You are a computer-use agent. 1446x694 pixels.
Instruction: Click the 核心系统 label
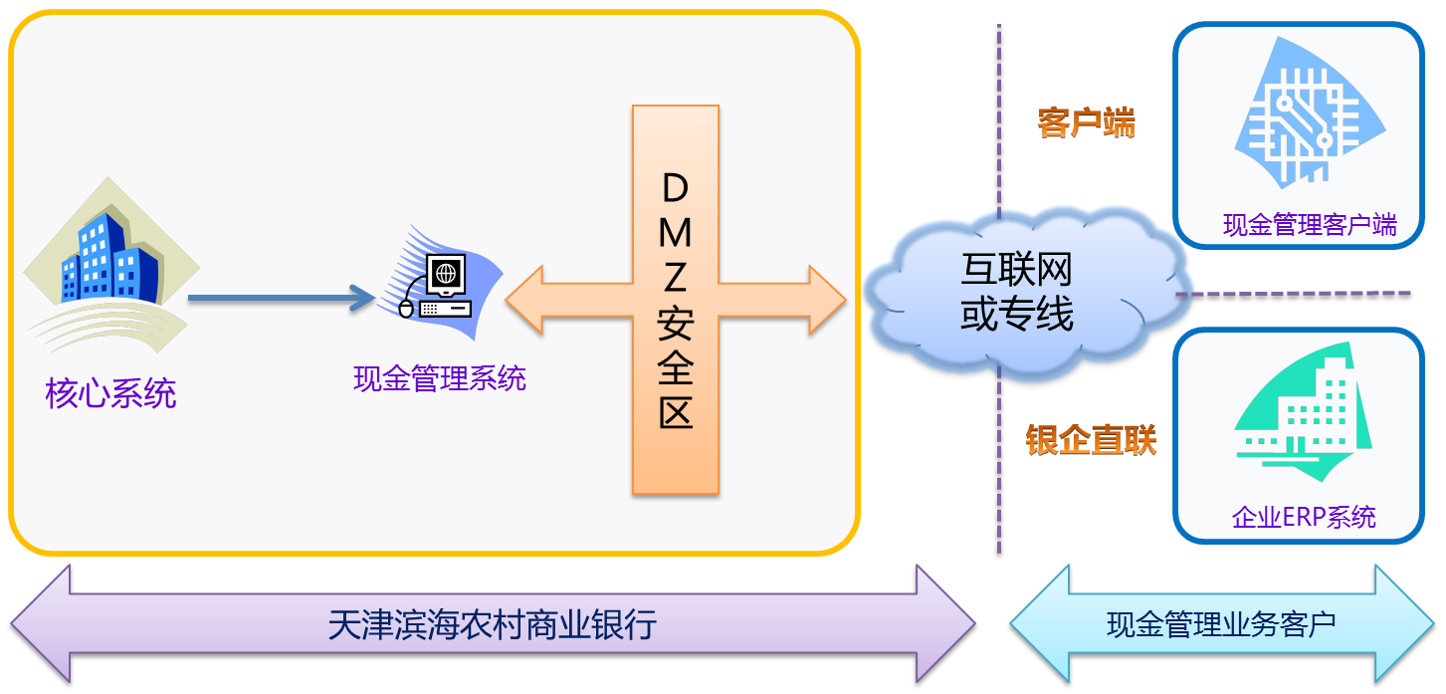tap(110, 394)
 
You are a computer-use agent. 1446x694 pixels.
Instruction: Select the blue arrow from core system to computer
tap(279, 297)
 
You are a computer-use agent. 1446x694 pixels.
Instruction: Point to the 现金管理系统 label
tap(439, 378)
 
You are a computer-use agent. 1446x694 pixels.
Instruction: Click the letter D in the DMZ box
tap(675, 187)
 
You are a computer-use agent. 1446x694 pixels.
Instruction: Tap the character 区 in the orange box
tap(675, 410)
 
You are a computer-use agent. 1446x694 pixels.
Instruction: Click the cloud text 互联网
tap(1015, 269)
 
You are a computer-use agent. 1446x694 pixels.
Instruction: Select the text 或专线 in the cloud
tap(1015, 315)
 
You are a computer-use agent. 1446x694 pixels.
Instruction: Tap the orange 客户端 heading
tap(1086, 123)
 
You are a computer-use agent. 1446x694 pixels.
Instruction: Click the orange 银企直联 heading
tap(1091, 439)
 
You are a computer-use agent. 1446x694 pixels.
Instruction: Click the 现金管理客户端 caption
tap(1309, 225)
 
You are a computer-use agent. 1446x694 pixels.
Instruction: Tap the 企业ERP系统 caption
tap(1304, 517)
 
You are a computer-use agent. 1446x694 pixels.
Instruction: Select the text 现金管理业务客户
tap(1221, 625)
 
